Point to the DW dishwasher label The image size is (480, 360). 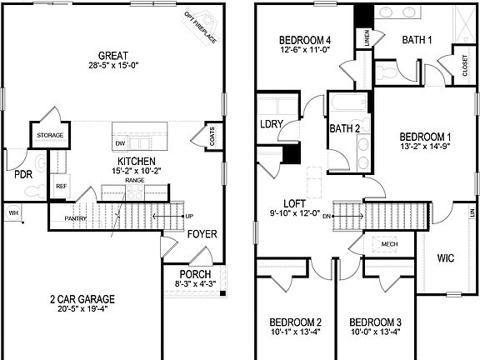point(120,143)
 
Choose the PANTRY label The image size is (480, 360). point(76,219)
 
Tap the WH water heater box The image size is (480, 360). point(13,213)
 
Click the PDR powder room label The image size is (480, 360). point(22,175)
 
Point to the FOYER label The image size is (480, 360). point(201,234)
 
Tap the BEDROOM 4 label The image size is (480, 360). point(304,40)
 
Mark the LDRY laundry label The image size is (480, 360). point(271,124)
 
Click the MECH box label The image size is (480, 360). point(389,243)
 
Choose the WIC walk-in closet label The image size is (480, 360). point(445,257)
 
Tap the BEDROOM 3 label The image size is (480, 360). point(375,322)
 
